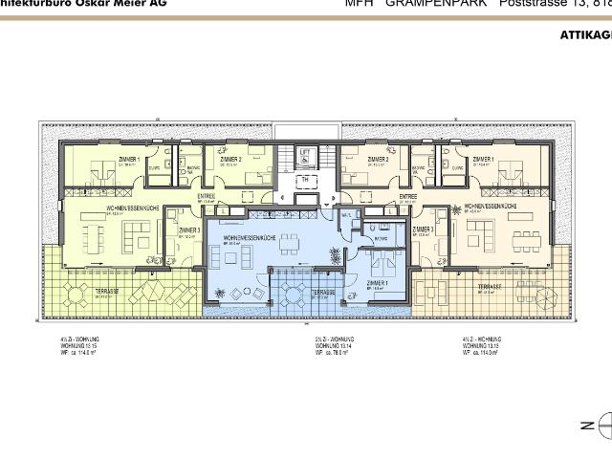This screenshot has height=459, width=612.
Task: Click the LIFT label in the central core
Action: (306, 152)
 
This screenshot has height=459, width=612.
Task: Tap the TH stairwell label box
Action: (306, 179)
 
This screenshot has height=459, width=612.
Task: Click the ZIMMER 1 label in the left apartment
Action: (129, 159)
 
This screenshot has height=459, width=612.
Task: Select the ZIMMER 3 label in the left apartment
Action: (188, 229)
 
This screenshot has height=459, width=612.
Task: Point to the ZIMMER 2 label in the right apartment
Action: (377, 159)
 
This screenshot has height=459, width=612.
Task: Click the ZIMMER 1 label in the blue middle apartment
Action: (378, 283)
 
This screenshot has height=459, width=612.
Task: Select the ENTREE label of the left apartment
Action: (207, 196)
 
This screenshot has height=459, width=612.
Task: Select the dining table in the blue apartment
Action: (289, 246)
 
